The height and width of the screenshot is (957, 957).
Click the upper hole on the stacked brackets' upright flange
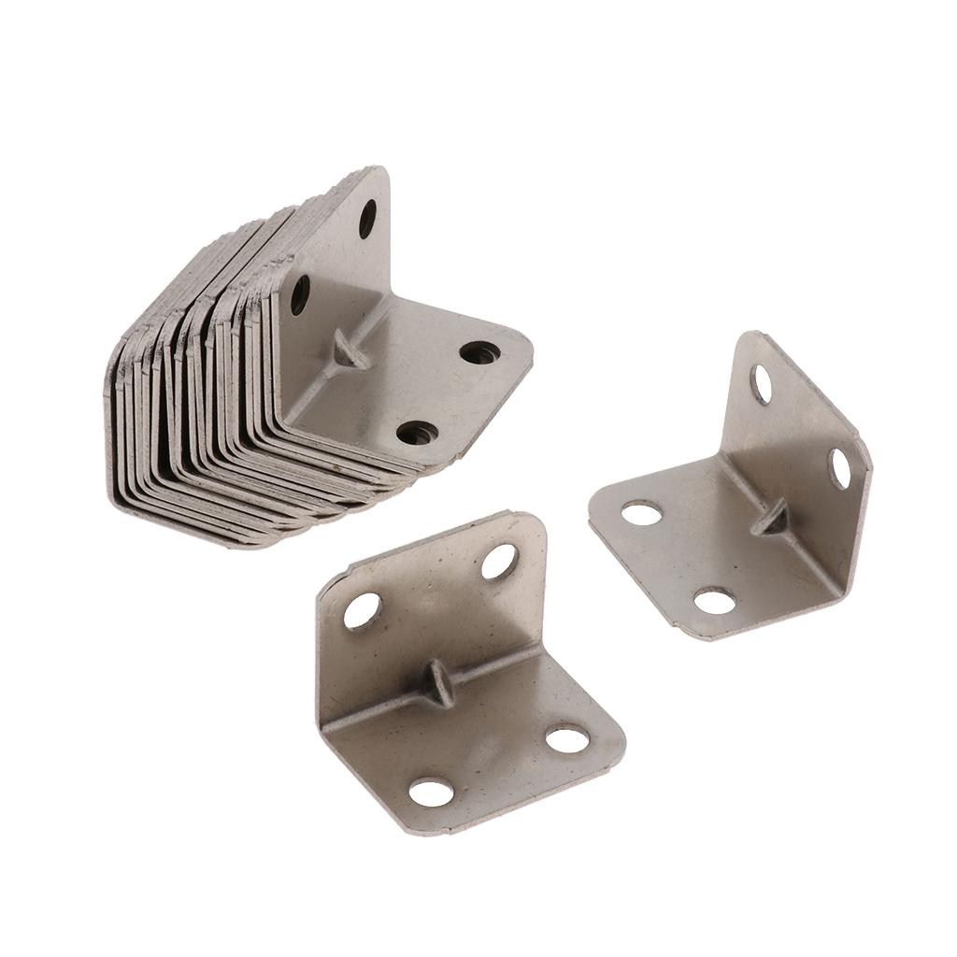367,219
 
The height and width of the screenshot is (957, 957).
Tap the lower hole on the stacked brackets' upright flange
300,294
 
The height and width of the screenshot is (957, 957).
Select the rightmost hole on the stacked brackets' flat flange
479,352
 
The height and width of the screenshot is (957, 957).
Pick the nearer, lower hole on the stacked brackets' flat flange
417,433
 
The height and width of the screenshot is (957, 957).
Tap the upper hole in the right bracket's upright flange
761,384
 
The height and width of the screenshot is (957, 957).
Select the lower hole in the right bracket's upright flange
839,468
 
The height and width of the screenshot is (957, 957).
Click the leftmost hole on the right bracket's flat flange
642,512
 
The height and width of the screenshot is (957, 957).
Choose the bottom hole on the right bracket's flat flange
715,601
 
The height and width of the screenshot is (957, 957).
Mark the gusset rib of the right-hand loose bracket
775,518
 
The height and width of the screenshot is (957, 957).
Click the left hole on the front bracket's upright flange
363,610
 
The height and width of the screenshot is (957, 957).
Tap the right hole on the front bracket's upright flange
499,561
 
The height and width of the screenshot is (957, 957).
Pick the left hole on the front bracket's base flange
431,793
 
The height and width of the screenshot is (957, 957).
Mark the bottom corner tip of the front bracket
402,831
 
